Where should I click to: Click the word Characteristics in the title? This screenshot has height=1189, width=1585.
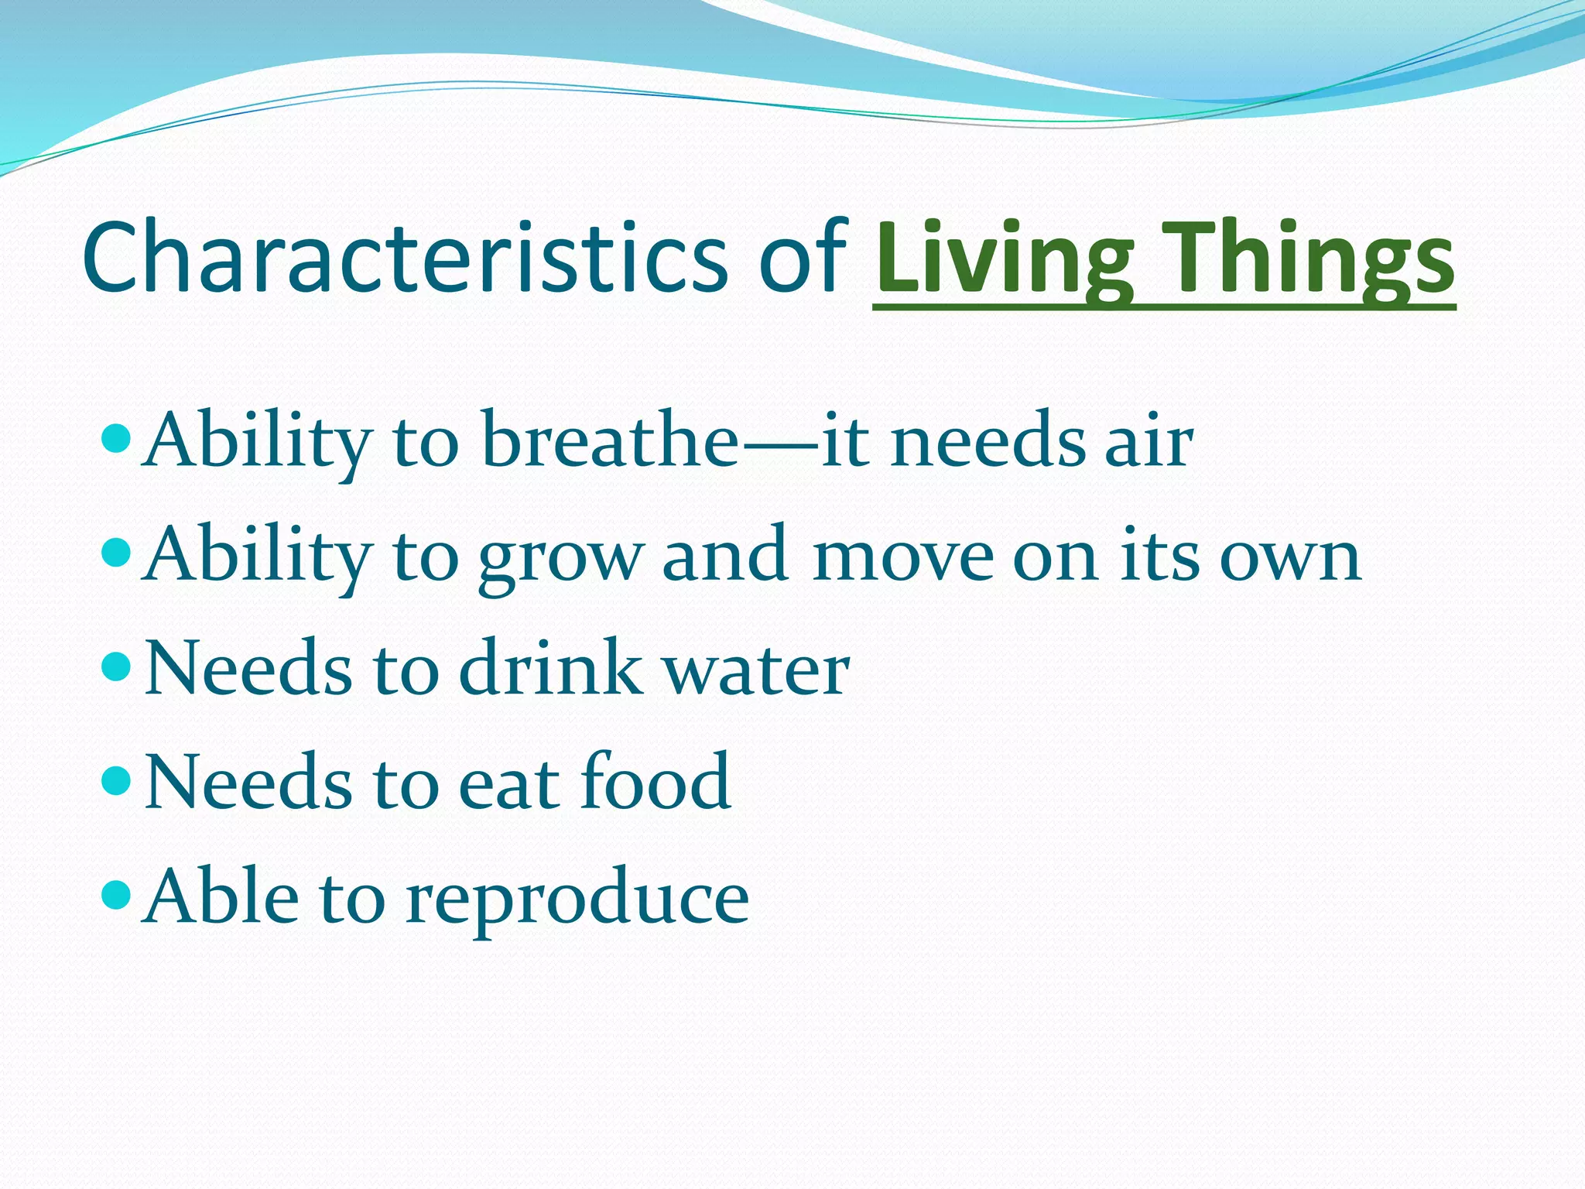[x=402, y=258]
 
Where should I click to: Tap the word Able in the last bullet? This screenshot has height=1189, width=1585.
[x=221, y=896]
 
